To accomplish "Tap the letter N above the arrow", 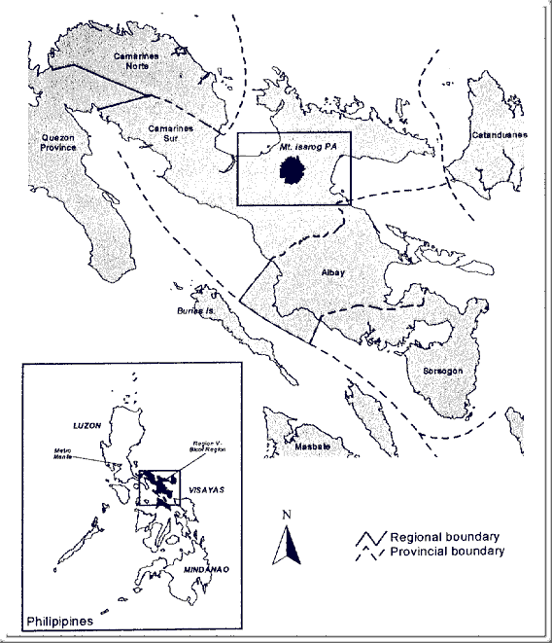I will pos(287,514).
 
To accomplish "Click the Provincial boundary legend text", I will pos(447,552).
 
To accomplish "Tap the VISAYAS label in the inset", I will pos(205,491).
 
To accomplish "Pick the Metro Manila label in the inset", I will pos(67,454).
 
